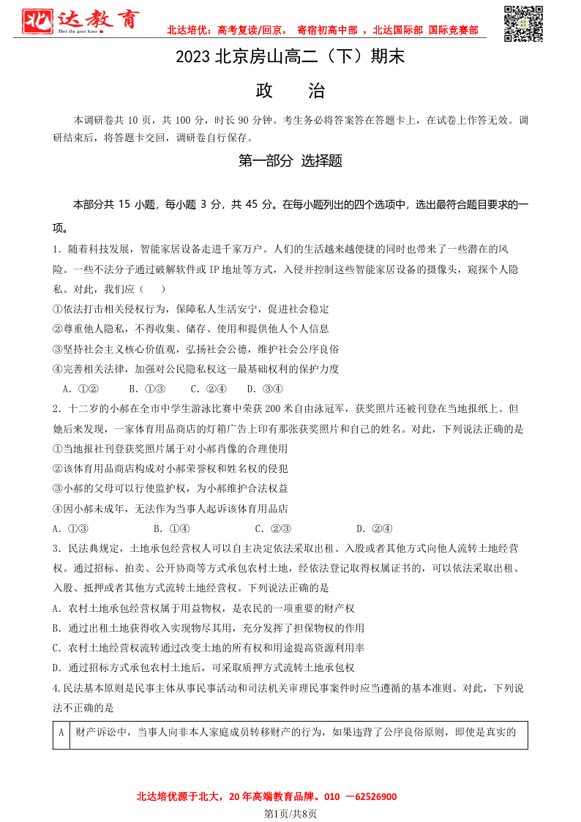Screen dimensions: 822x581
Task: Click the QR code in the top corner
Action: tap(524, 23)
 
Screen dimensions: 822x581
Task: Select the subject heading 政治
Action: tap(290, 91)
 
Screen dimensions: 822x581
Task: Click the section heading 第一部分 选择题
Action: tap(290, 161)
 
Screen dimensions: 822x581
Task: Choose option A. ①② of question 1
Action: tap(80, 389)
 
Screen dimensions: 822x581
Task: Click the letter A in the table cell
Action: tap(61, 731)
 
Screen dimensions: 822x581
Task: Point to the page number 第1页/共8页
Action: tap(290, 813)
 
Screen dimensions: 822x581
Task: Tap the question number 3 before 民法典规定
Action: tap(56, 548)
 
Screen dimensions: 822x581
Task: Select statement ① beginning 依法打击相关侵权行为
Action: tap(191, 309)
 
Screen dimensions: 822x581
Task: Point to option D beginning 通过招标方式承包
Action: tap(203, 667)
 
